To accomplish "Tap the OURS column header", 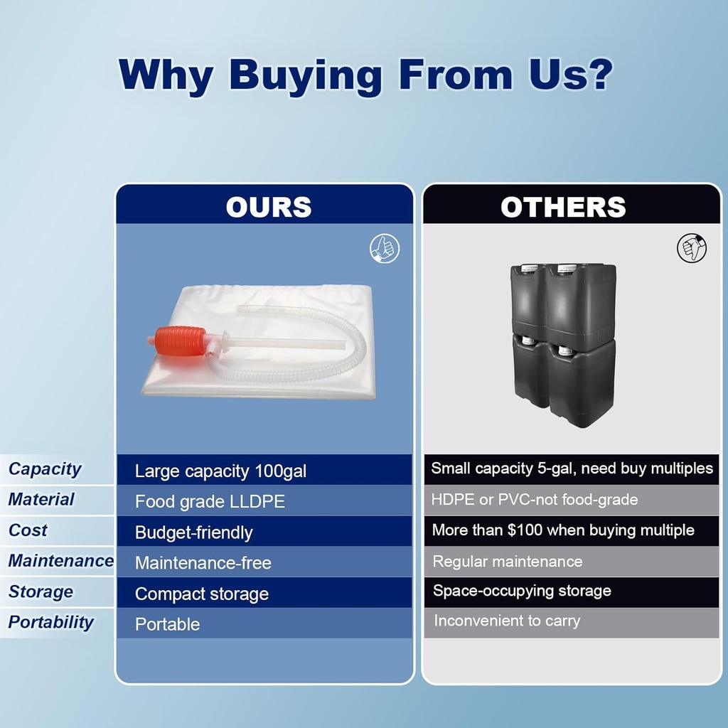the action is click(269, 207).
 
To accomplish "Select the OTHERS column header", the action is click(563, 207).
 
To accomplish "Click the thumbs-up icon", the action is click(385, 248).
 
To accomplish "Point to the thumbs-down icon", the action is click(691, 248).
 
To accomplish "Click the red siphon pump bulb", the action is click(180, 341).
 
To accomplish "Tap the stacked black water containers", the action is click(564, 345).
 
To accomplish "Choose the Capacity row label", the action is click(45, 469).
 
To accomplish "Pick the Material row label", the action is click(41, 499).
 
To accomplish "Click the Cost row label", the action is click(28, 530).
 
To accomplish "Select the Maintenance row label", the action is click(61, 560).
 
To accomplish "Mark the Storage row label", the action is click(41, 591).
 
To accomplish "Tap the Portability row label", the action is click(51, 622).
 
